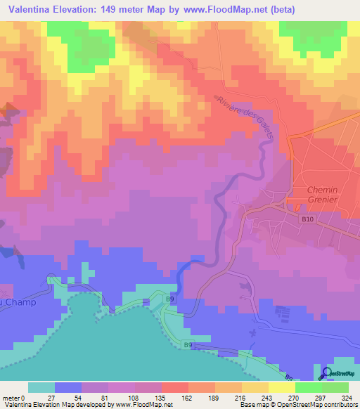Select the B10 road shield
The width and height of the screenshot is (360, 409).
pyautogui.click(x=307, y=219)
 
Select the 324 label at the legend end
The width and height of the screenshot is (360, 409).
pyautogui.click(x=348, y=398)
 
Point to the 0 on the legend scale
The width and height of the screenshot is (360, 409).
pyautogui.click(x=22, y=398)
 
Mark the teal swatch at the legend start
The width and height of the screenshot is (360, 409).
pyautogui.click(x=41, y=387)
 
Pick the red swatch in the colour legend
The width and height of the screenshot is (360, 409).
pyautogui.click(x=174, y=387)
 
